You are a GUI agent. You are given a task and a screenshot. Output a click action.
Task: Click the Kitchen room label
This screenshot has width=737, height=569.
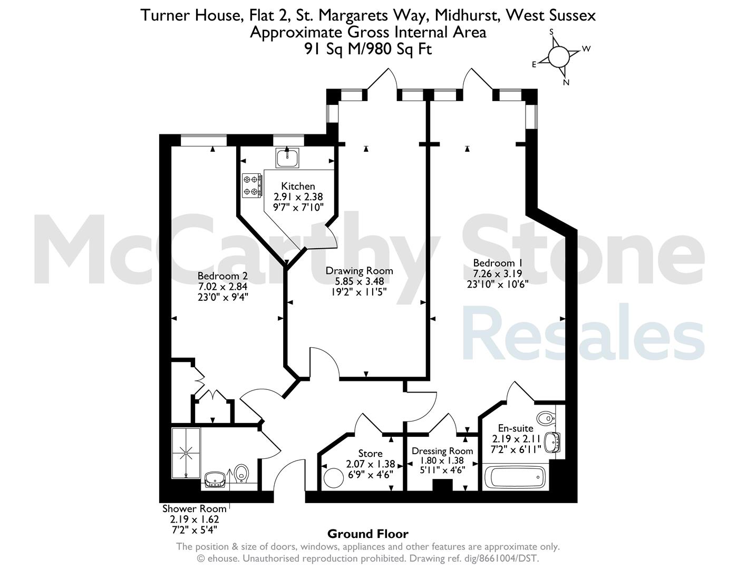[298, 186]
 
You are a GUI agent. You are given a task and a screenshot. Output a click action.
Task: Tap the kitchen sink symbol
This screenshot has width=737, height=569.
[287, 158]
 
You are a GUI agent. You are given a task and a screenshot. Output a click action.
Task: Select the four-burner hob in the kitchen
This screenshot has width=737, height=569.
[252, 185]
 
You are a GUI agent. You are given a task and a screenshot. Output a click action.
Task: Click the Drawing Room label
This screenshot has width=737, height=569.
[359, 271]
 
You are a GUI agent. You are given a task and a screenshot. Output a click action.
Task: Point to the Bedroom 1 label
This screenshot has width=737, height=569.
[498, 263]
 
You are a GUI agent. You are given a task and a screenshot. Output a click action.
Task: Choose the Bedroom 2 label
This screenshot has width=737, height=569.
[222, 276]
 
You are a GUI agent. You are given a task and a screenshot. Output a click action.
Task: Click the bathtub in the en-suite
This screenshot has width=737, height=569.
[513, 477]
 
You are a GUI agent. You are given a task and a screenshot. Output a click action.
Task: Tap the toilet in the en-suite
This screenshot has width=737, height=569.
[546, 418]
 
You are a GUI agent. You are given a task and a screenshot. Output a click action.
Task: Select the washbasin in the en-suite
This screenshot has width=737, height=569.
[552, 443]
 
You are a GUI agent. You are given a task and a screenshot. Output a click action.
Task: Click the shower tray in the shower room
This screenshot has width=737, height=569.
[186, 453]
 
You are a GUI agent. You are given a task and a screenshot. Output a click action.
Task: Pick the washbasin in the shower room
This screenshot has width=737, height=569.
[215, 479]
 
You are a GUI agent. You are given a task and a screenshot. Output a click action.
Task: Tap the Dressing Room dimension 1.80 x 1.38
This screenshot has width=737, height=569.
[442, 460]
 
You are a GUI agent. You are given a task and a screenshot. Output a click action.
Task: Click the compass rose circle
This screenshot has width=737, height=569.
[559, 56]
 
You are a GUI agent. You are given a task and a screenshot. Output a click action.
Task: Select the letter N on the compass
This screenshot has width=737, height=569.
[566, 82]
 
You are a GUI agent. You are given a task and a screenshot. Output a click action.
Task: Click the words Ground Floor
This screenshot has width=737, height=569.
[368, 534]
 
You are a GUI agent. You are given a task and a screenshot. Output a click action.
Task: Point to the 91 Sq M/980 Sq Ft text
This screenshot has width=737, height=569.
[368, 49]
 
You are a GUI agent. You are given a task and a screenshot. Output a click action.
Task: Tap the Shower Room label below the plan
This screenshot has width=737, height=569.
[195, 509]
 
